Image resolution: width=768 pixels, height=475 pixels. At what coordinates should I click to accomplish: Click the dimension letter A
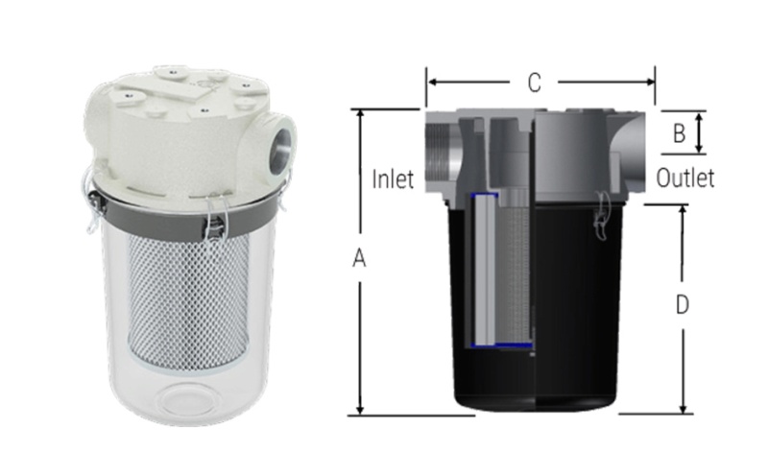click(x=359, y=258)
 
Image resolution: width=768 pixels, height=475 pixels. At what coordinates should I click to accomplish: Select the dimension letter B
click(x=679, y=133)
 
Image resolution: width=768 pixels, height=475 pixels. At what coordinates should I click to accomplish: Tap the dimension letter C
click(x=535, y=83)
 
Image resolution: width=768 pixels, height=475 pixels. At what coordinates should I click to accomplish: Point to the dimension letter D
click(x=682, y=304)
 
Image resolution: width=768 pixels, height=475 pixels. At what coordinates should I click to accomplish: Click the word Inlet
click(x=393, y=179)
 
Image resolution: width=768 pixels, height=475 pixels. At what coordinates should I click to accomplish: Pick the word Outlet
click(x=684, y=178)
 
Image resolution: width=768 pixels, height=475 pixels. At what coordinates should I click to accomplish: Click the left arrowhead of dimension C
click(x=432, y=83)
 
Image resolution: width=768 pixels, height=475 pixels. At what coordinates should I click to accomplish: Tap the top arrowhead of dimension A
click(x=361, y=114)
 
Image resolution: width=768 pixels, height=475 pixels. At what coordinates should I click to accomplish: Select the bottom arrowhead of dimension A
click(x=361, y=410)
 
